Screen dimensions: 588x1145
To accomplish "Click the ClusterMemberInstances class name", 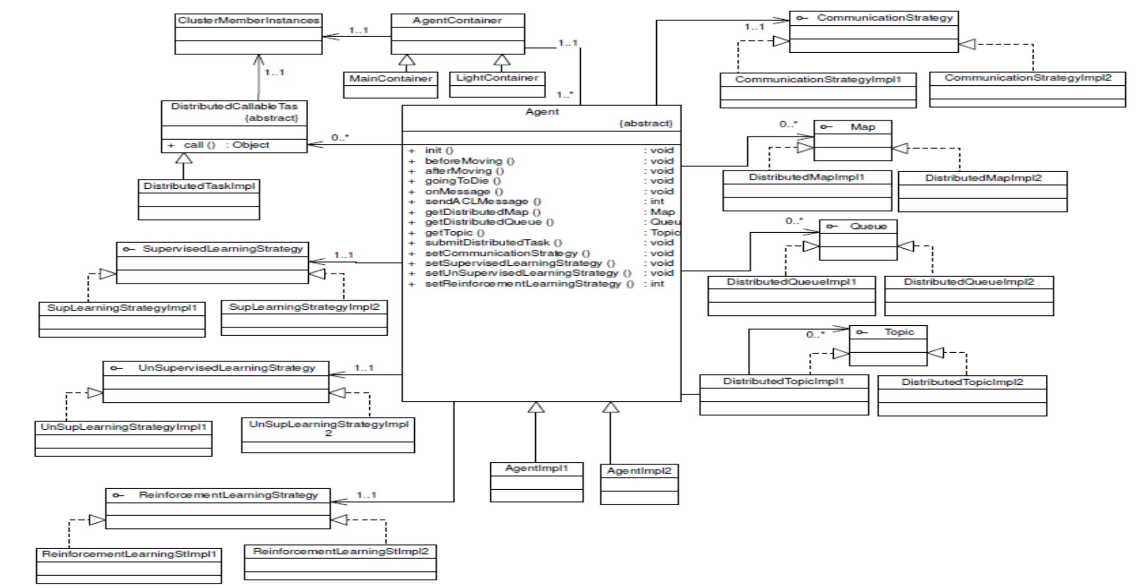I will tap(248, 20).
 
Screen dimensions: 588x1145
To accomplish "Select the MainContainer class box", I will tap(390, 85).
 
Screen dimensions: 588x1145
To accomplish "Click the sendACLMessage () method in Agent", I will tap(483, 201).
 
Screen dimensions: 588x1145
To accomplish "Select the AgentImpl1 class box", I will tap(536, 481).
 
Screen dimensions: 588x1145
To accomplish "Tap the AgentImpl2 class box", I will tap(639, 484).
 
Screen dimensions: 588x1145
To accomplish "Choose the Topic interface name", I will tap(899, 332).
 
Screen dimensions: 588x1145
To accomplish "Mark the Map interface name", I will tap(863, 127).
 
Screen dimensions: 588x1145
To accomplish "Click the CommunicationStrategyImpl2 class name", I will tap(1027, 78).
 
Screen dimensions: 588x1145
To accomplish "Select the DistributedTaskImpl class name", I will tap(199, 186).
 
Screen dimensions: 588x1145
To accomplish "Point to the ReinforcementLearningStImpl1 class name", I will tap(129, 554).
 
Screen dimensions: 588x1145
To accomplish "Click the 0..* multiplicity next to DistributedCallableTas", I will tap(340, 138).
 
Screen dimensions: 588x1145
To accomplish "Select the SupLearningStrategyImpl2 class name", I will tap(304, 307).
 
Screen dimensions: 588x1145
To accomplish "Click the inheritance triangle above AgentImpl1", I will tap(536, 408).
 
